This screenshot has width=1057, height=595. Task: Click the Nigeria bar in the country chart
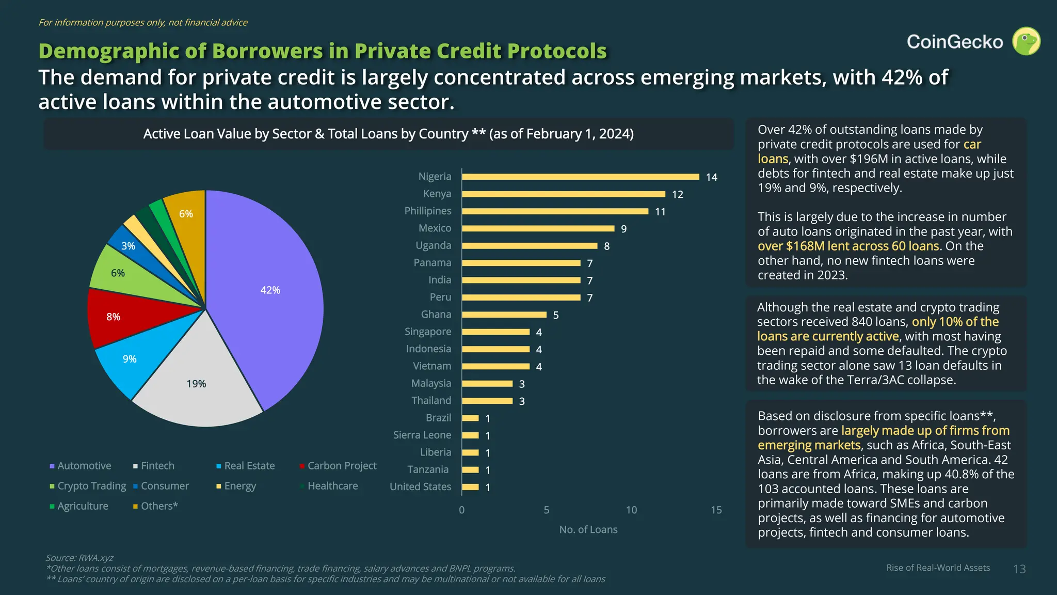pos(580,177)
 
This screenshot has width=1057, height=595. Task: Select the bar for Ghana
pos(504,315)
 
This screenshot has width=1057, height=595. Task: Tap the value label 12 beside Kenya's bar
pos(677,195)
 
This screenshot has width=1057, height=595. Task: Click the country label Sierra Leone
pos(422,435)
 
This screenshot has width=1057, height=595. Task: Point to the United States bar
pos(470,487)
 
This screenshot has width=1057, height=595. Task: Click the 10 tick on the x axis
pos(631,510)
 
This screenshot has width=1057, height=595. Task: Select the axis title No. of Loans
pos(588,529)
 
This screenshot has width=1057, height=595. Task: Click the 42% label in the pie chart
pos(270,290)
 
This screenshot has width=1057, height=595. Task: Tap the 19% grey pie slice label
pos(196,384)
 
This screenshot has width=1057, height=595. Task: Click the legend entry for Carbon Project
pos(341,466)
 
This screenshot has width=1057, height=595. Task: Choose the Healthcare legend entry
pos(332,486)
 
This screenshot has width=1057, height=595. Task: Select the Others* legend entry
pos(158,506)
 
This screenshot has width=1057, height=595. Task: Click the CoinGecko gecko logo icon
pos(1026,41)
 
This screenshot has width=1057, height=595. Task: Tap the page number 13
pos(1019,569)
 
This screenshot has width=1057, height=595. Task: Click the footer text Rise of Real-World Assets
pos(938,568)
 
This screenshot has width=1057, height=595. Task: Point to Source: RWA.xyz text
pos(79,558)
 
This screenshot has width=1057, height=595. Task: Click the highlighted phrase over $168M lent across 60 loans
pos(848,246)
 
